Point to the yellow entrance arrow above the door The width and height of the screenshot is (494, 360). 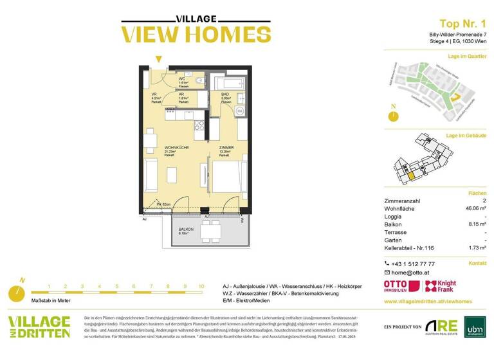point(158,60)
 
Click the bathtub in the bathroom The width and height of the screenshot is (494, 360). point(229,82)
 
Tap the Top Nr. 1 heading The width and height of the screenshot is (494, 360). point(462,23)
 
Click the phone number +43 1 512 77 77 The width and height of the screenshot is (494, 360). point(413,264)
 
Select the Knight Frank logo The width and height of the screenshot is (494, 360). point(443,287)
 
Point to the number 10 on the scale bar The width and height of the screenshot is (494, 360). point(201,287)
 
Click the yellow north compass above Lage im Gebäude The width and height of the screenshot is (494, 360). point(392,116)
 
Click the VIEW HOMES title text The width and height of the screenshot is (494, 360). point(187,34)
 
